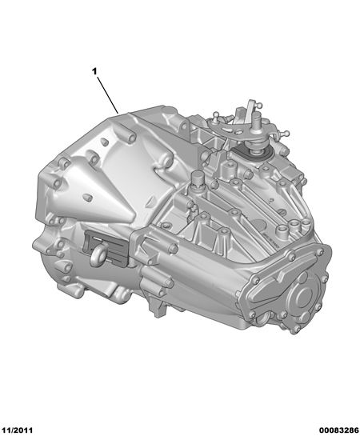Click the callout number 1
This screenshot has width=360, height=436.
(x=94, y=72)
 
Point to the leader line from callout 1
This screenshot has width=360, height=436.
(x=108, y=95)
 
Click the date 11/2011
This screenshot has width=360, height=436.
(x=17, y=430)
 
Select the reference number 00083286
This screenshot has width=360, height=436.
(x=338, y=430)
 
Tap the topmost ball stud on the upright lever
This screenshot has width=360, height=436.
(x=260, y=106)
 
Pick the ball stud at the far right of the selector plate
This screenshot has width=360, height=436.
(x=286, y=134)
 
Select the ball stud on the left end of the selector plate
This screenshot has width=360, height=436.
(x=215, y=114)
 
